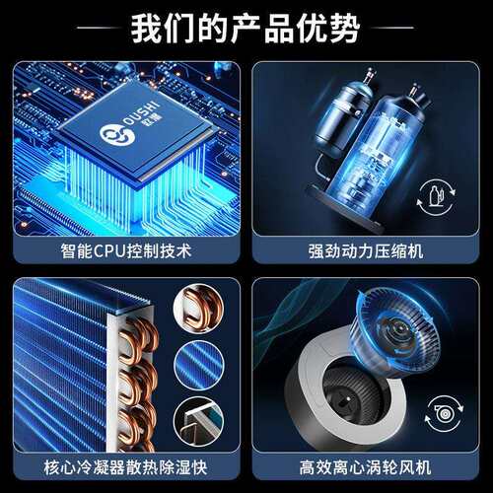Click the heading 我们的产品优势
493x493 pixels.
246,29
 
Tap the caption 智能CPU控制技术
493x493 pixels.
126,251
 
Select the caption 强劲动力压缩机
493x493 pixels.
366,251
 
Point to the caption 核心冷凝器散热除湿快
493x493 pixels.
126,467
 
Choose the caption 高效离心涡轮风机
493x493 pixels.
365,467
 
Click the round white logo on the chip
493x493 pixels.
116,134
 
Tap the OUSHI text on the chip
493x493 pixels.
142,114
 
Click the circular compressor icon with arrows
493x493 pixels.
436,197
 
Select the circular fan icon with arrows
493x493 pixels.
444,414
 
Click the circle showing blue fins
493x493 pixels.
199,365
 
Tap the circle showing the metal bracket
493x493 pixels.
199,420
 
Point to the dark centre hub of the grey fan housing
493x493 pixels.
348,398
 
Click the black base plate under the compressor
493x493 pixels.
345,209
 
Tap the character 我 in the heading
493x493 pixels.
147,29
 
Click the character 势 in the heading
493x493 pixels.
345,29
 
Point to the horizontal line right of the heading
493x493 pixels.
392,28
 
